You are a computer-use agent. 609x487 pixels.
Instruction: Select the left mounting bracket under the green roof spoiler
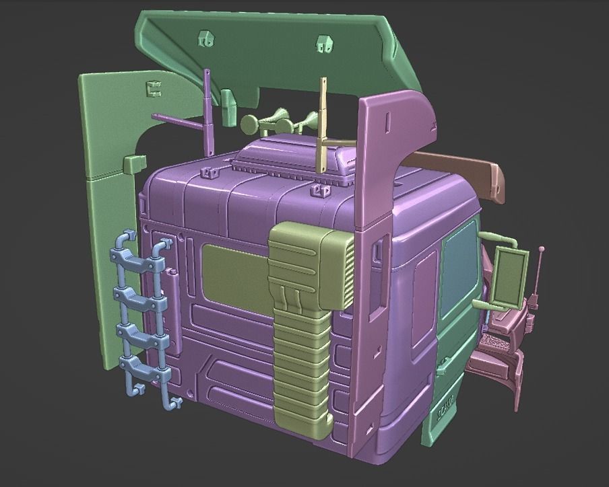205,38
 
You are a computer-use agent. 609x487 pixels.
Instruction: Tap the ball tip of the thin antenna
541,250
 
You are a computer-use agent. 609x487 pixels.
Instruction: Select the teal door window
459,269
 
